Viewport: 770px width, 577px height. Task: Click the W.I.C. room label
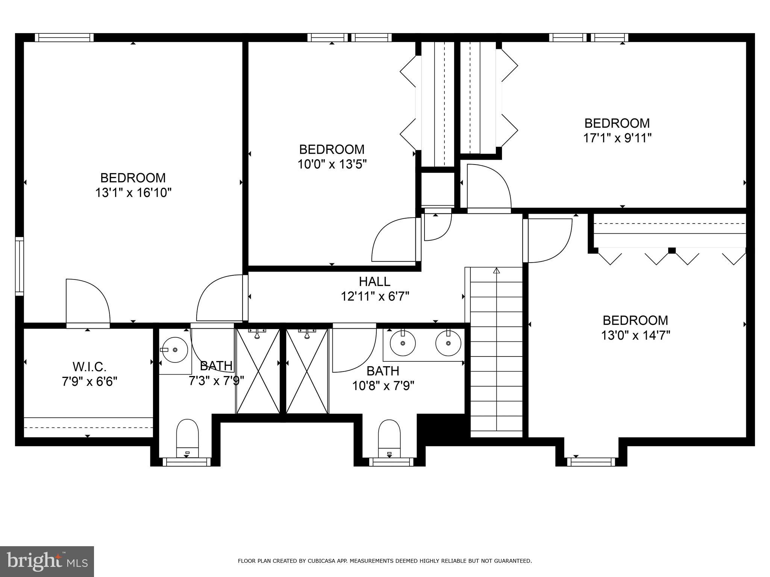coord(89,366)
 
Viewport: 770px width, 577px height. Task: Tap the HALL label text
coord(374,281)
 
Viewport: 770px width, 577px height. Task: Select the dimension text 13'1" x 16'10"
coord(133,193)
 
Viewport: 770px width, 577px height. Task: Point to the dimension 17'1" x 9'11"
coord(617,138)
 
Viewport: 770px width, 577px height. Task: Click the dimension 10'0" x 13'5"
coord(332,164)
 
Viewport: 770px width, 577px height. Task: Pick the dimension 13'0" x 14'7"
coord(635,335)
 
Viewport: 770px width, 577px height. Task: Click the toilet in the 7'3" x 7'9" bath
coord(187,437)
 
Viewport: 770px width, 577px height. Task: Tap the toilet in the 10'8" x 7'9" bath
coord(389,437)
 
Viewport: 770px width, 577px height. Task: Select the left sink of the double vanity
coord(403,343)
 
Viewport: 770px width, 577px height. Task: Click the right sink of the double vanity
coord(448,343)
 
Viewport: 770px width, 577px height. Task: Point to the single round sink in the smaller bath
coord(174,350)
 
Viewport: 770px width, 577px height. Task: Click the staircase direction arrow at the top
coord(497,270)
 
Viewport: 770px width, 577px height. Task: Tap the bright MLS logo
coord(47,562)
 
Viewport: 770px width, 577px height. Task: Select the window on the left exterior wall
coord(19,266)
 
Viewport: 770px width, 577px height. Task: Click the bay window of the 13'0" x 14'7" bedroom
coord(591,462)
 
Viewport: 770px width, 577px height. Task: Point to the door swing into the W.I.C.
coord(87,301)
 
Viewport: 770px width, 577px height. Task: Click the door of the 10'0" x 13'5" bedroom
coord(395,240)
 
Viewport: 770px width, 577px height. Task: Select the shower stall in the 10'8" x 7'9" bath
coord(307,371)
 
